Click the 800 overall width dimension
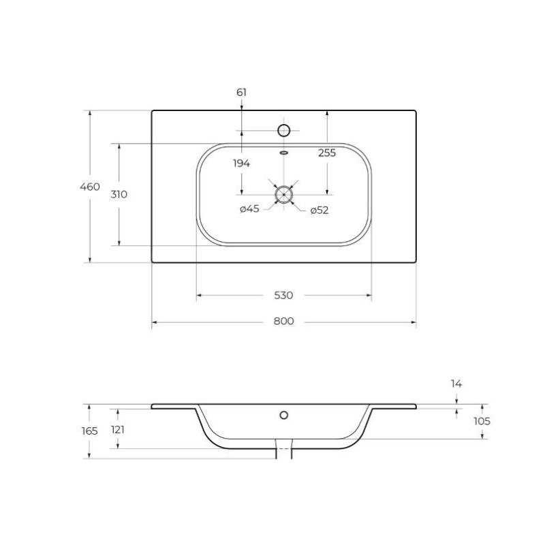click(283, 321)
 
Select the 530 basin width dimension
click(283, 296)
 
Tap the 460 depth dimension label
click(90, 187)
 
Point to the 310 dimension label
click(119, 195)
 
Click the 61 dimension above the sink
click(242, 93)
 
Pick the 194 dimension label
click(242, 163)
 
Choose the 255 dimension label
click(327, 153)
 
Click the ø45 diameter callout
click(249, 209)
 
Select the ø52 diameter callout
click(320, 211)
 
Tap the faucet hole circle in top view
click(284, 130)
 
